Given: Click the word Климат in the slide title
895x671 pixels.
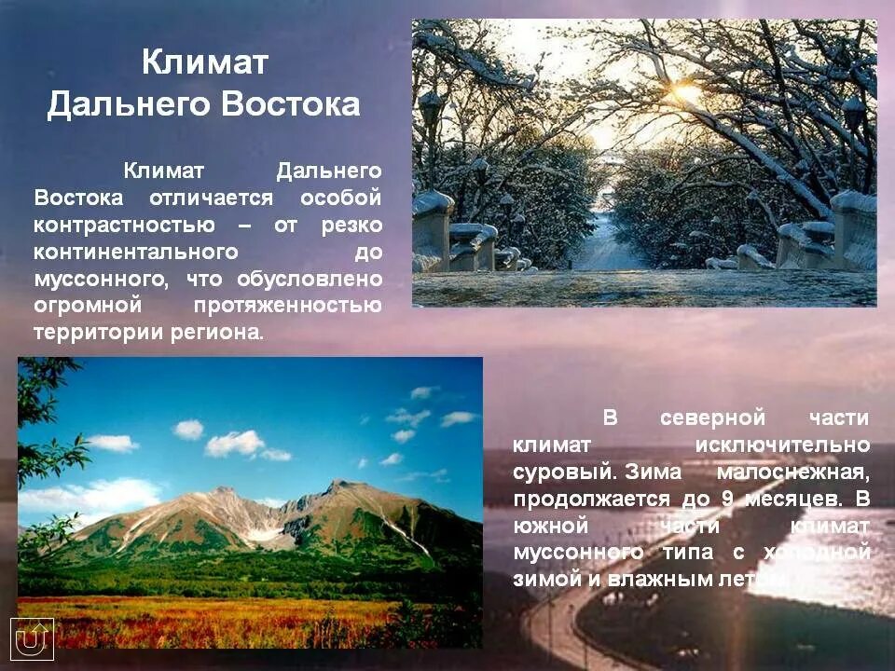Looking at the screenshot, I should coord(205,63).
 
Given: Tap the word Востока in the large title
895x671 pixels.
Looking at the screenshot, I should coord(290,104).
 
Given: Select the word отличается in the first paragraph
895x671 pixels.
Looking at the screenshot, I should coord(210,199).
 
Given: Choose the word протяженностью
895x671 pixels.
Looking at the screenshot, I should coord(288,306).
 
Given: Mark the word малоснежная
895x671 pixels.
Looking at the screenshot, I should coord(793,472).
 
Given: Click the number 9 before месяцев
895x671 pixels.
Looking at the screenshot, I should coord(727,499).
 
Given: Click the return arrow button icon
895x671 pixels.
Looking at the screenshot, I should coord(34,639).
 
